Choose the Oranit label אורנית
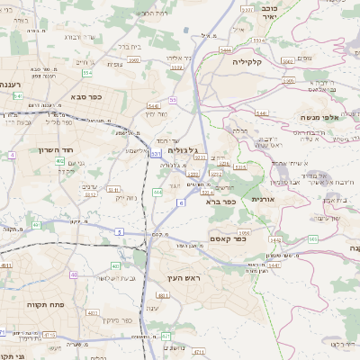262,198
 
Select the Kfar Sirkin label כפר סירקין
116,319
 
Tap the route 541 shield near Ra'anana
17,95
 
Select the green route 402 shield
59,161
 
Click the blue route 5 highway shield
118,231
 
